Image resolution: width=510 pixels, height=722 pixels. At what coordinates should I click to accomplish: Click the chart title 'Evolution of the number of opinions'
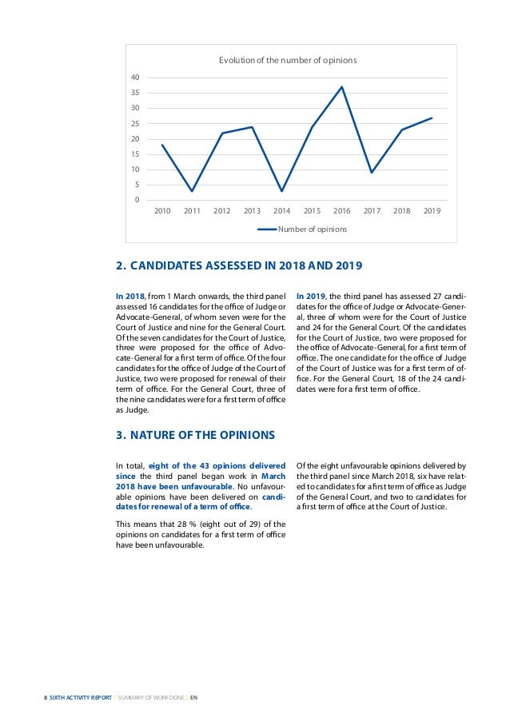pyautogui.click(x=288, y=60)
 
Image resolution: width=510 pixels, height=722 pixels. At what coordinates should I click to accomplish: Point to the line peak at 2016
pyautogui.click(x=341, y=87)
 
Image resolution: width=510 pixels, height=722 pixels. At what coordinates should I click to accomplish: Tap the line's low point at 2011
pyautogui.click(x=192, y=191)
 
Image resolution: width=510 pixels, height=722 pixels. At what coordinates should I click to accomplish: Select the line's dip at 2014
pyautogui.click(x=281, y=191)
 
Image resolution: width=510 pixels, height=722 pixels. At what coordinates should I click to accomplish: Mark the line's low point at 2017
pyautogui.click(x=372, y=173)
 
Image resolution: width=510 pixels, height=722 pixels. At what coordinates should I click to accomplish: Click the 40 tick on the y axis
pyautogui.click(x=135, y=78)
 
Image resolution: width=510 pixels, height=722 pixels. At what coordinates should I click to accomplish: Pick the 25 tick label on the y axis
pyautogui.click(x=135, y=124)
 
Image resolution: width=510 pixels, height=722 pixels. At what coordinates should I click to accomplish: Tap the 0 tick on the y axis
pyautogui.click(x=137, y=200)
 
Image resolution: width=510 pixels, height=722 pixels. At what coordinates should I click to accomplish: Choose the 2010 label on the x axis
pyautogui.click(x=161, y=211)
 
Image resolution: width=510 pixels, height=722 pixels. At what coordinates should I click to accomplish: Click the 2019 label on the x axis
pyautogui.click(x=432, y=211)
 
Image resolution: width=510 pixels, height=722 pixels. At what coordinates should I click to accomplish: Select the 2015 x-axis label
pyautogui.click(x=312, y=211)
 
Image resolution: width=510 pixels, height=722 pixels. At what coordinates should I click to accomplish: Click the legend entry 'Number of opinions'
pyautogui.click(x=312, y=229)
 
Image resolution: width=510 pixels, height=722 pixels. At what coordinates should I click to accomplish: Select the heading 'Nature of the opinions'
pyautogui.click(x=196, y=435)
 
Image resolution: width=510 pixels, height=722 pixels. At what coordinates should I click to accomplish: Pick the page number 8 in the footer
pyautogui.click(x=45, y=697)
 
